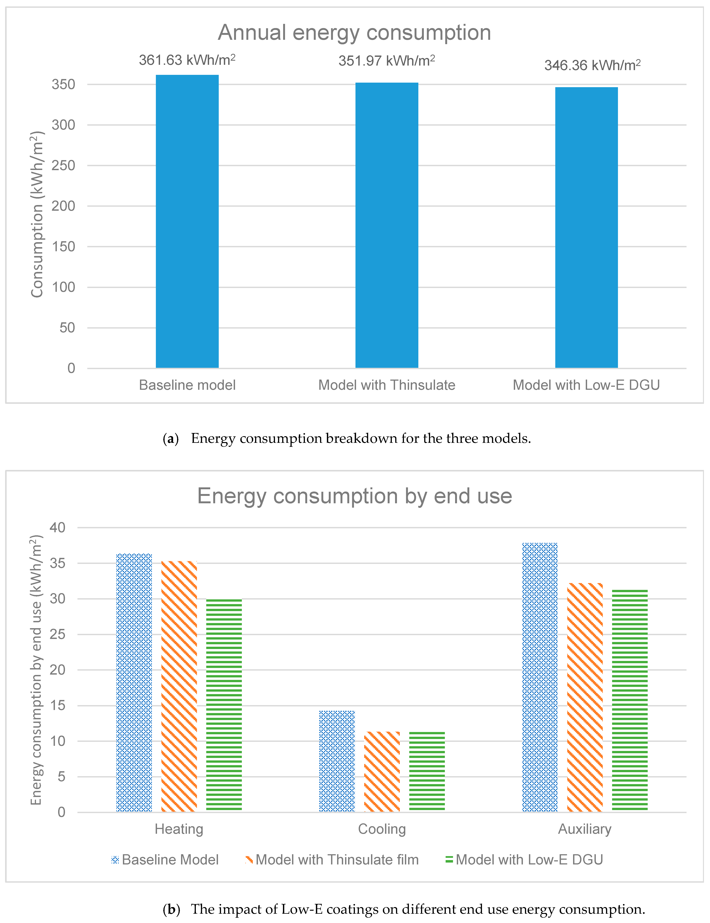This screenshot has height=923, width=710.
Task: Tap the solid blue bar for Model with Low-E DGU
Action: tap(586, 227)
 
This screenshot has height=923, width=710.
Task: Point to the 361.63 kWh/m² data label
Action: tap(187, 60)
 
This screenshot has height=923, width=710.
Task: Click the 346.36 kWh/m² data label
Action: tap(592, 65)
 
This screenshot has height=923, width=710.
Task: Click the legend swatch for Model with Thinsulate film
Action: tap(249, 860)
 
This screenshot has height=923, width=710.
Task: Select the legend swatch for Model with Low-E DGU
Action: tap(449, 860)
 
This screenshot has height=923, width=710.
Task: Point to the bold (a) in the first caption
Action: tap(171, 439)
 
